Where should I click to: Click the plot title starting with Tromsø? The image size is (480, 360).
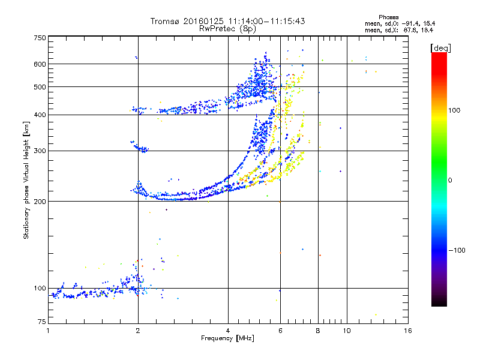(x=228, y=21)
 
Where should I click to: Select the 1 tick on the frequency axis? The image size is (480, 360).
(x=48, y=331)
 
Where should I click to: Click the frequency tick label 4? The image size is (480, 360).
(x=228, y=331)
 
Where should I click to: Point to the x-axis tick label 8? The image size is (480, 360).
(x=318, y=331)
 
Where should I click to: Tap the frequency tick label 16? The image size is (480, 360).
(x=407, y=331)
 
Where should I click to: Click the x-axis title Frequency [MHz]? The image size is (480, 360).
(x=228, y=338)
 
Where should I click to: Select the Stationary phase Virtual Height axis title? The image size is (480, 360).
(x=26, y=181)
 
